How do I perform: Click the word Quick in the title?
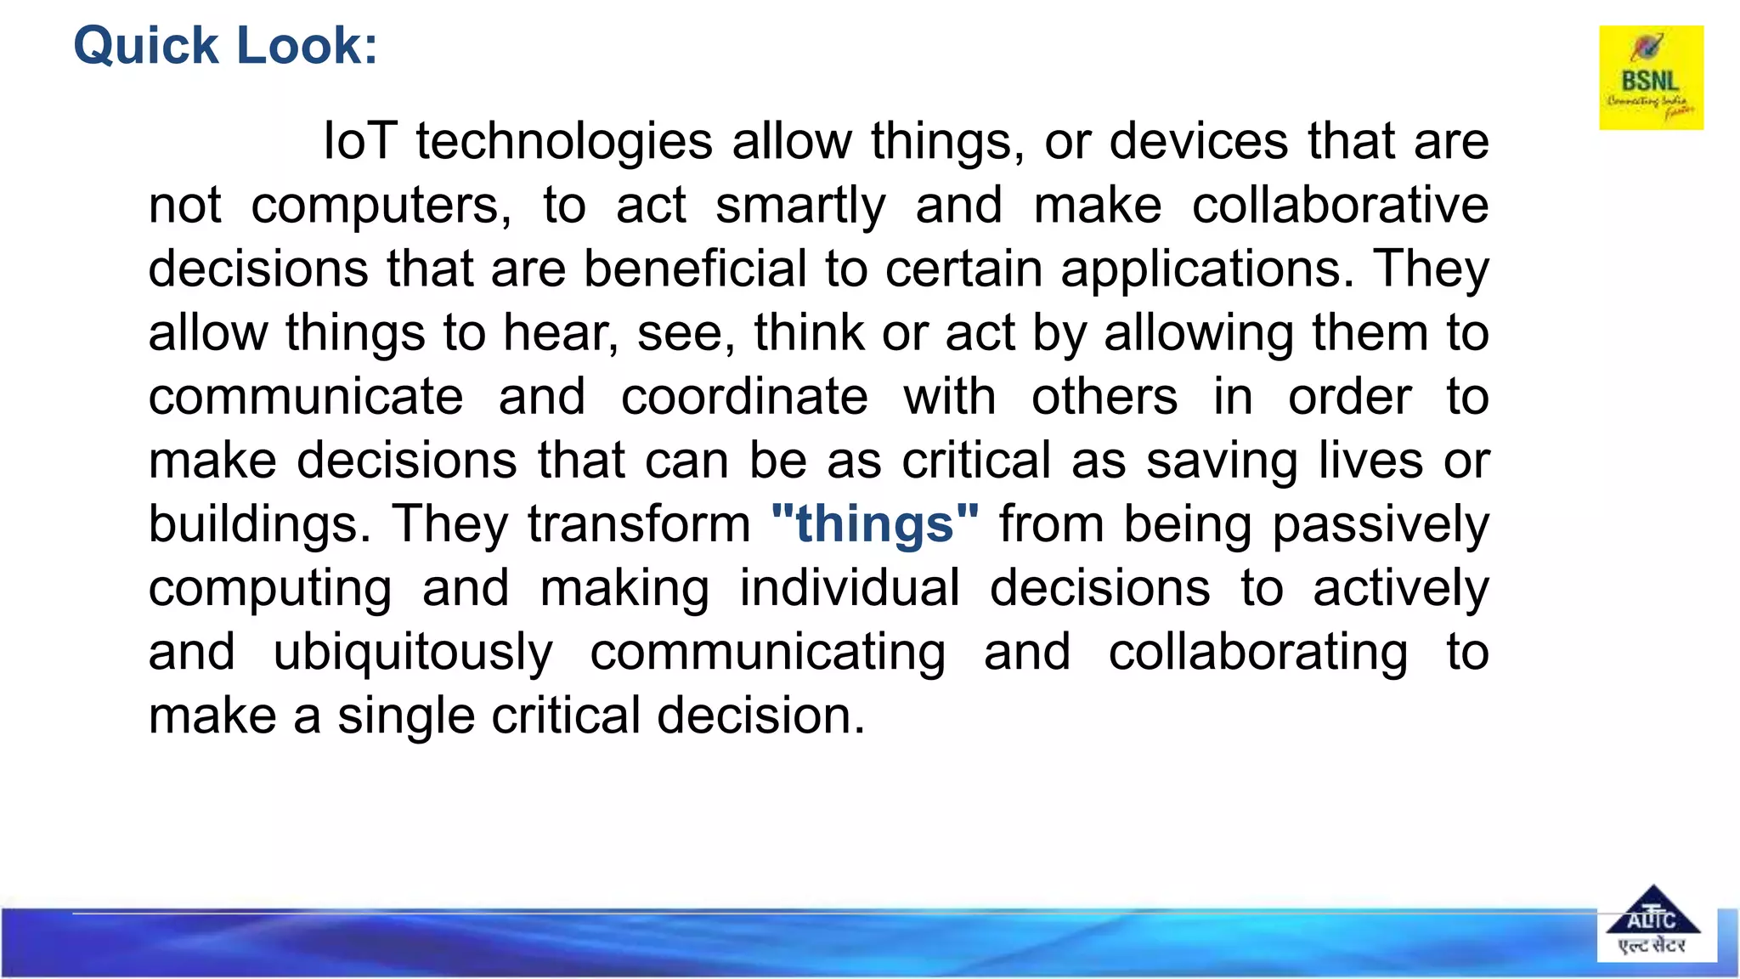point(146,46)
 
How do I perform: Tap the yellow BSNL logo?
point(1651,77)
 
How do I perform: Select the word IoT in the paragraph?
point(359,141)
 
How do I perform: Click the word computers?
point(381,207)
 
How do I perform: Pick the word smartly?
point(800,207)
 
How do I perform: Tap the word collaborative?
point(1340,205)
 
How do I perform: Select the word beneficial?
point(695,269)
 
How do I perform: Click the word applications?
point(1206,270)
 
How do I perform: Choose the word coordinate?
point(744,397)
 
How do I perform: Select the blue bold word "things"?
point(875,524)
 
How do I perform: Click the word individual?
point(850,588)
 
